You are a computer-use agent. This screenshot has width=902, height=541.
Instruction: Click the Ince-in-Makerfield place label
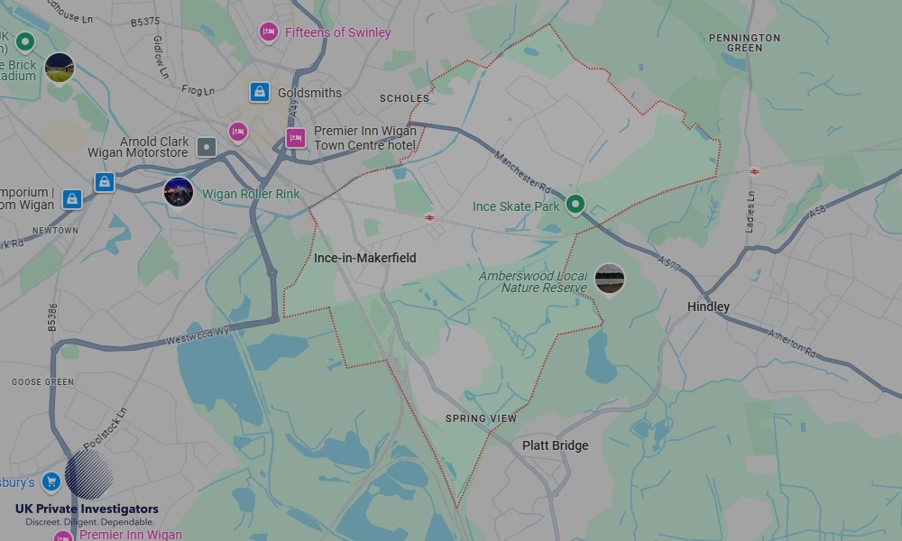tap(365, 258)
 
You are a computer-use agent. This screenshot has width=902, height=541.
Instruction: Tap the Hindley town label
tap(708, 307)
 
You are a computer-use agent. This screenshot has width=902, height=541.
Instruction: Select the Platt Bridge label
tap(555, 445)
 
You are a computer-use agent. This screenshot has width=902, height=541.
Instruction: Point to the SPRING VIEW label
tap(481, 418)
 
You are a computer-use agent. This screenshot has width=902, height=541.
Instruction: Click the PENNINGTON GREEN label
tap(744, 42)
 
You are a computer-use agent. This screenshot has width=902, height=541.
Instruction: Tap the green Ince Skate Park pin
tap(575, 205)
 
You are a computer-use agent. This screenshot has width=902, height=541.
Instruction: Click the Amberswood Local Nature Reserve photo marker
tap(610, 280)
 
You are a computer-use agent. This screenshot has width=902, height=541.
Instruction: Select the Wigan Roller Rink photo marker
tap(179, 192)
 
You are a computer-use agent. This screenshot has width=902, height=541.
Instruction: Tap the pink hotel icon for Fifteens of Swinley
tap(268, 32)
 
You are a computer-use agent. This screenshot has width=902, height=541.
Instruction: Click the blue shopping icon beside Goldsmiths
tap(260, 92)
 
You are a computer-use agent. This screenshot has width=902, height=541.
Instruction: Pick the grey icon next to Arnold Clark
tap(207, 147)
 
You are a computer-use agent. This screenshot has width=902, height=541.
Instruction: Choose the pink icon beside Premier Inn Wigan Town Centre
tap(295, 138)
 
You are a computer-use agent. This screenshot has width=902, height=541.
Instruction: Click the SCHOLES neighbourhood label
tap(404, 98)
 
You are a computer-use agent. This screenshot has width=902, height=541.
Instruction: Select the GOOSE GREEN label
tap(42, 382)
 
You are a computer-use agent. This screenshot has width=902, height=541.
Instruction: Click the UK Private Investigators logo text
tap(87, 509)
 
